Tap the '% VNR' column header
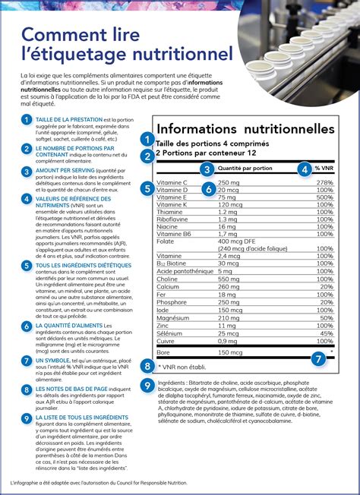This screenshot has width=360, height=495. click(324, 169)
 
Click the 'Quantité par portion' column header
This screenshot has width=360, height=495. click(246, 169)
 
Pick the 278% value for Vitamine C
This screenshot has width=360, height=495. click(325, 183)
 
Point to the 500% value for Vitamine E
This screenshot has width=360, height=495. click(324, 197)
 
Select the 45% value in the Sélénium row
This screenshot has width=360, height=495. click(327, 333)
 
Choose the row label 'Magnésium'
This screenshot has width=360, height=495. click(173, 319)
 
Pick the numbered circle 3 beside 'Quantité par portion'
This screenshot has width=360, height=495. click(206, 169)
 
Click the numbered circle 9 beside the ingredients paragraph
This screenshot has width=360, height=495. click(147, 386)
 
